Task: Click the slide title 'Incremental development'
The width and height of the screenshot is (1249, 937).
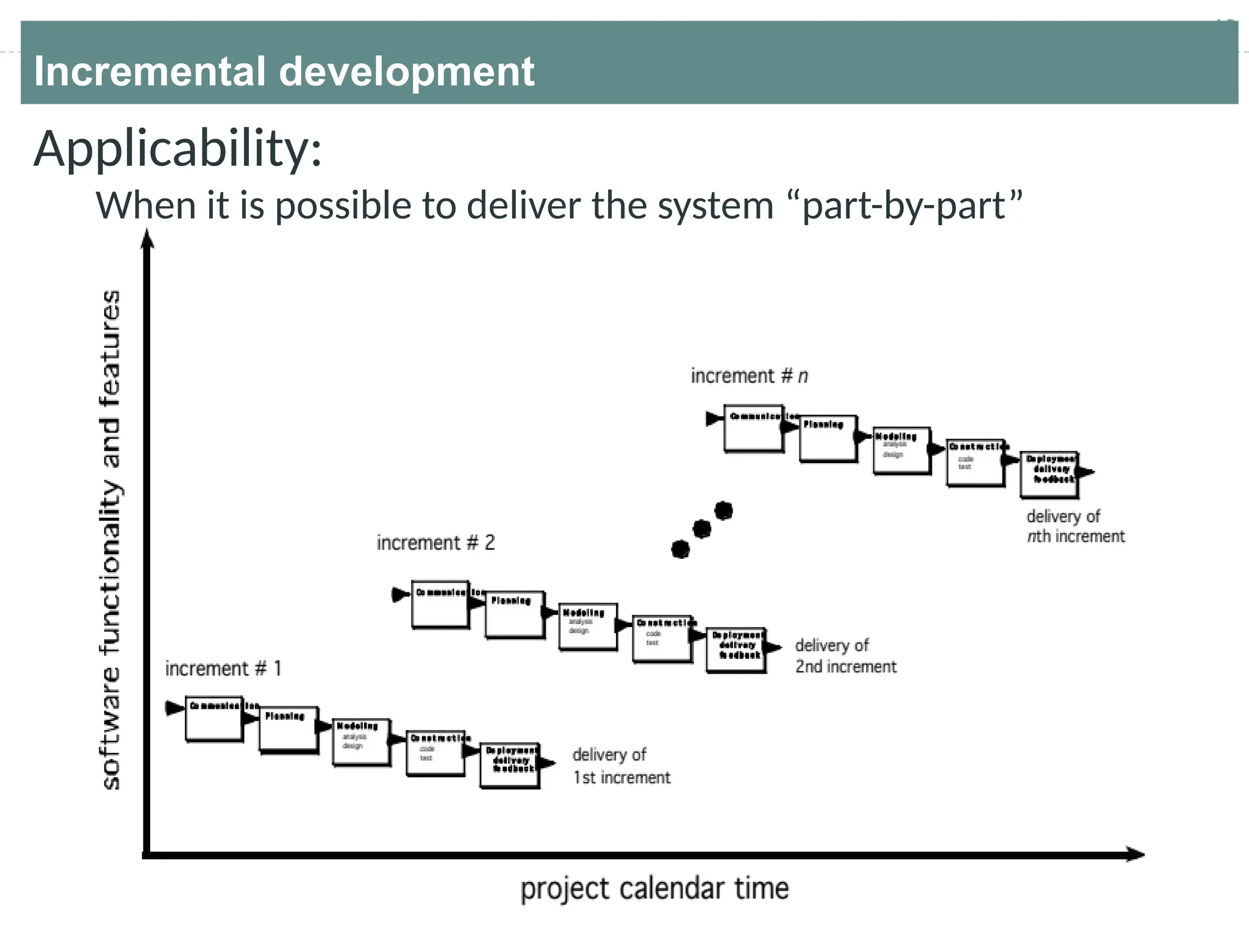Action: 284,71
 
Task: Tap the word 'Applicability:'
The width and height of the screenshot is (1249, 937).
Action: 177,149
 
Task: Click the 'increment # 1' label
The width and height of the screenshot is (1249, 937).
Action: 223,669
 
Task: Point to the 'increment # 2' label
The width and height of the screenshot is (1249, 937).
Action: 435,542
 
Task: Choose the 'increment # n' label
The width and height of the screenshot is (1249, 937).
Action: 749,376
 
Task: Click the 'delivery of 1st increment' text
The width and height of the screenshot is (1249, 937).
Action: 621,766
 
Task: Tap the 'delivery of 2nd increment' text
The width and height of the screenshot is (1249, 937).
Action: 845,656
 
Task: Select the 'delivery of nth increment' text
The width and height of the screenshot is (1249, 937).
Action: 1075,526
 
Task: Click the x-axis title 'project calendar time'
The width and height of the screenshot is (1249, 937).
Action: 654,888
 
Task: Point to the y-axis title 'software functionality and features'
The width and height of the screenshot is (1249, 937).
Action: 110,540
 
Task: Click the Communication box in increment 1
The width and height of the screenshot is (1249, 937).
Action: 214,719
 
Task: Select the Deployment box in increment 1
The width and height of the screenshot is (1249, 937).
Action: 510,766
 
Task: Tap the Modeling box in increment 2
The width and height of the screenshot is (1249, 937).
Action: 588,627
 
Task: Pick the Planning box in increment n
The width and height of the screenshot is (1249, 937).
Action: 828,439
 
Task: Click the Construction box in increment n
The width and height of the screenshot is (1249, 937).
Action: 975,462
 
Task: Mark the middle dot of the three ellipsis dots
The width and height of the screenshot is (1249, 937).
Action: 702,529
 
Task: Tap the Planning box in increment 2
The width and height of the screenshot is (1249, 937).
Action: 515,614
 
